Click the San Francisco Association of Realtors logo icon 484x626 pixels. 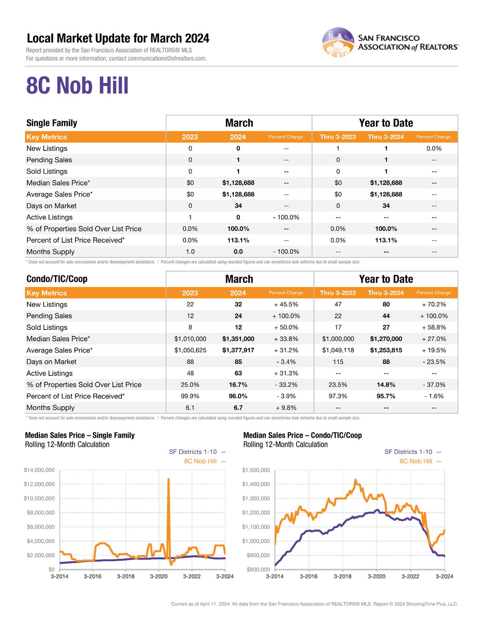pos(338,42)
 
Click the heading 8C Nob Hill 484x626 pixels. pos(77,86)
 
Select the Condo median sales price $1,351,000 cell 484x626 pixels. pos(238,339)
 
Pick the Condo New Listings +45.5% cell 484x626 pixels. pos(286,304)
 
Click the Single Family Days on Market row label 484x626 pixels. pos(51,206)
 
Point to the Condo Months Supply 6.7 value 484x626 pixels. pos(238,407)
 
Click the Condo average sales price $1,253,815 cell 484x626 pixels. pos(386,350)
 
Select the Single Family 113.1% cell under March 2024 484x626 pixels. pos(238,240)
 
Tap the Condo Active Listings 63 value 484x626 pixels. pos(238,373)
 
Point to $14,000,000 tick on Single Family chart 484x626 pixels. pos(39,470)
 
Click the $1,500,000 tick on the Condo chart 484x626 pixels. pos(256,470)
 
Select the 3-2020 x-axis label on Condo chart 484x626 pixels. pos(377,576)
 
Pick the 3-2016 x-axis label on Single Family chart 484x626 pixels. pos(93,576)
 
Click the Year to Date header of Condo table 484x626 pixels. pos(386,279)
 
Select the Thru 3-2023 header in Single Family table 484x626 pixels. pos(338,137)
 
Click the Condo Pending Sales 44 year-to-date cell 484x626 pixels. pos(386,316)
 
